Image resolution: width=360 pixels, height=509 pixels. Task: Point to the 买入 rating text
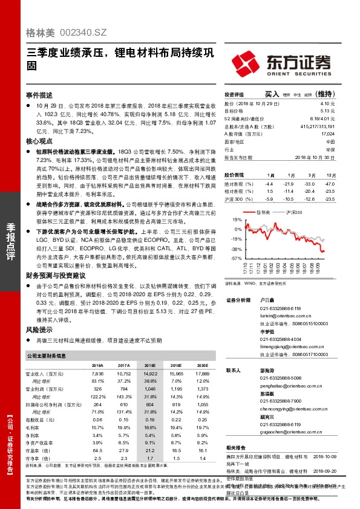pyautogui.click(x=272, y=94)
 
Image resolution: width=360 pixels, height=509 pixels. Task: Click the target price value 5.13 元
pyautogui.click(x=327, y=111)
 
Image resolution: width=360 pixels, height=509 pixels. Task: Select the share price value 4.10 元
pyautogui.click(x=327, y=104)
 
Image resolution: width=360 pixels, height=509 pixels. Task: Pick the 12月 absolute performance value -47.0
pyautogui.click(x=329, y=183)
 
